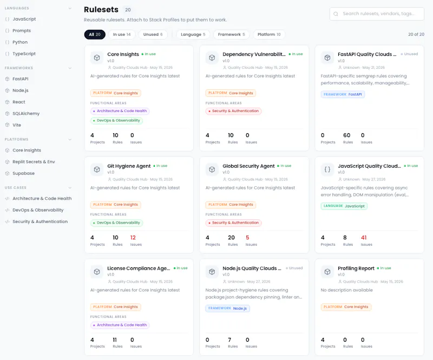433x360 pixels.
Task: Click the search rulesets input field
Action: [x=377, y=14]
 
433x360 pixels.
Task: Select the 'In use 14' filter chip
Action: [x=121, y=35]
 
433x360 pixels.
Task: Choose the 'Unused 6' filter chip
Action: [x=153, y=35]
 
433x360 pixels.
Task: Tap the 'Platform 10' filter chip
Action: [x=269, y=35]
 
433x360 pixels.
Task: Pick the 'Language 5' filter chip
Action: [x=193, y=35]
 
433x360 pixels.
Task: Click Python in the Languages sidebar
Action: [x=20, y=42]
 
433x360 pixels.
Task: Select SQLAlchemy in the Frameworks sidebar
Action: [x=26, y=114]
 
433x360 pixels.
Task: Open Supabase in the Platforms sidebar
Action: [x=23, y=174]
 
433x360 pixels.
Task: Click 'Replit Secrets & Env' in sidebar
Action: [x=34, y=162]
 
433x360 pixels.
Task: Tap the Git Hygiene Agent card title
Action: [x=129, y=166]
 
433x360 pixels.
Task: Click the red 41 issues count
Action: [x=364, y=238]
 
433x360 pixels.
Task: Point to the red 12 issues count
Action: [x=133, y=238]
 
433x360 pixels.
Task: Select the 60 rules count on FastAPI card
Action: [x=346, y=135]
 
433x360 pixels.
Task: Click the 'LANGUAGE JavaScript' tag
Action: [x=344, y=206]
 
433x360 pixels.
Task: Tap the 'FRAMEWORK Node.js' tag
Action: [x=227, y=309]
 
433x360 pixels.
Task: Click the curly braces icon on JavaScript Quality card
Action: [x=327, y=169]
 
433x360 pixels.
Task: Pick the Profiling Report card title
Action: [x=356, y=269]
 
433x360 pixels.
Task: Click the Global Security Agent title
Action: [x=248, y=166]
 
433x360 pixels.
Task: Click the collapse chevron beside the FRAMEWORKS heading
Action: [x=70, y=68]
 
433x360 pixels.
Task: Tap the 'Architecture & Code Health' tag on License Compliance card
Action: [x=120, y=325]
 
